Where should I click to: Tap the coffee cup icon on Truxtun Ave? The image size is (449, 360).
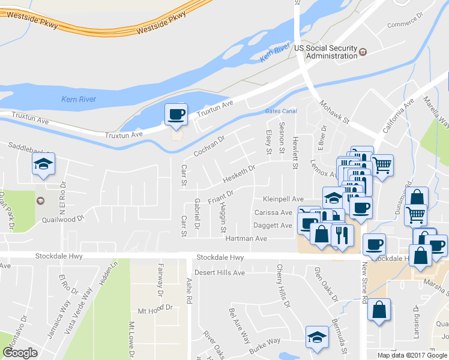point(176,114)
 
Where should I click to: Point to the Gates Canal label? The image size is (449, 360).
point(281,112)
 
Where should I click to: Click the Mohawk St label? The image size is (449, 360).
point(334,112)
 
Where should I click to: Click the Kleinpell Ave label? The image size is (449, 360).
point(283,199)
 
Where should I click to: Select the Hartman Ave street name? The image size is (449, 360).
point(245,238)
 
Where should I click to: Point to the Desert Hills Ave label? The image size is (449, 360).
point(220,272)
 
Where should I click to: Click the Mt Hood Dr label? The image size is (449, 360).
point(155,311)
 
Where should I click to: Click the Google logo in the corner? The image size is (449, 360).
point(20,353)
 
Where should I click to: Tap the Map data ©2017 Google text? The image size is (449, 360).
point(412,355)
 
